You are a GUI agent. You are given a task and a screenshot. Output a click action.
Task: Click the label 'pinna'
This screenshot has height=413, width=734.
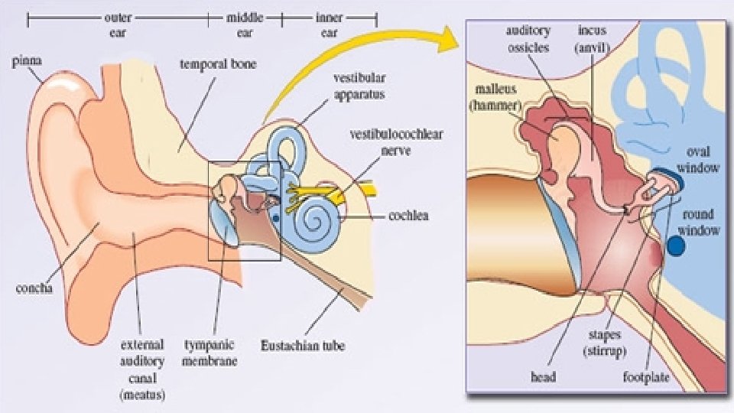pos(26,59)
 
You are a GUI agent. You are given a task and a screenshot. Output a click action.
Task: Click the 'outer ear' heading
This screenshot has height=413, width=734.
pos(117,25)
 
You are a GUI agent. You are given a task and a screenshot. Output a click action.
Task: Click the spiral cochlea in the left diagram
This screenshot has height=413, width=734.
pos(314,217)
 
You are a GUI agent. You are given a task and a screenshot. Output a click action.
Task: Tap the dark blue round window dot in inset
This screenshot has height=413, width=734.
pos(676,246)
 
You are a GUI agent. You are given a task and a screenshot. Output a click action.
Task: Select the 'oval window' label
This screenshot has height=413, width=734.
pos(703,159)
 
